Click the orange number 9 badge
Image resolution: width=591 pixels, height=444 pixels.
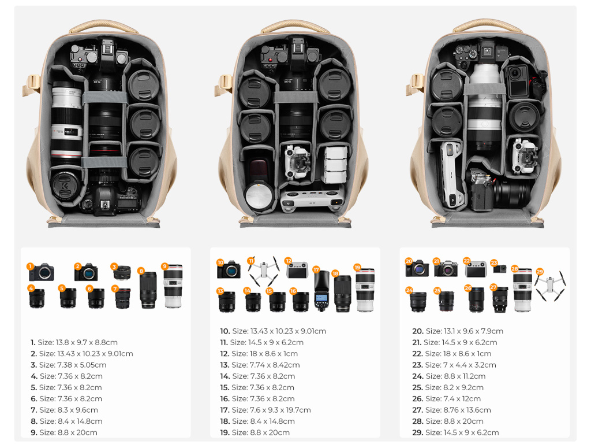(x=164, y=267)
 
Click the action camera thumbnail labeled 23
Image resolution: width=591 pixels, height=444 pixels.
(x=499, y=268)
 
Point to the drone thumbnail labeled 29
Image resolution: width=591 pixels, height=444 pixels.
(x=550, y=286)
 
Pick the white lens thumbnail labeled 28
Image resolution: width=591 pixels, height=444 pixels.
(x=522, y=290)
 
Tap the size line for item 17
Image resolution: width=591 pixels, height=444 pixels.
(x=265, y=410)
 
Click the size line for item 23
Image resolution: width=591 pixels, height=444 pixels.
(x=454, y=365)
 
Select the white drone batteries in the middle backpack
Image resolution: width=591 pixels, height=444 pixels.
(x=335, y=164)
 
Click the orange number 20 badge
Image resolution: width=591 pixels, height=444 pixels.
(x=409, y=261)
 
